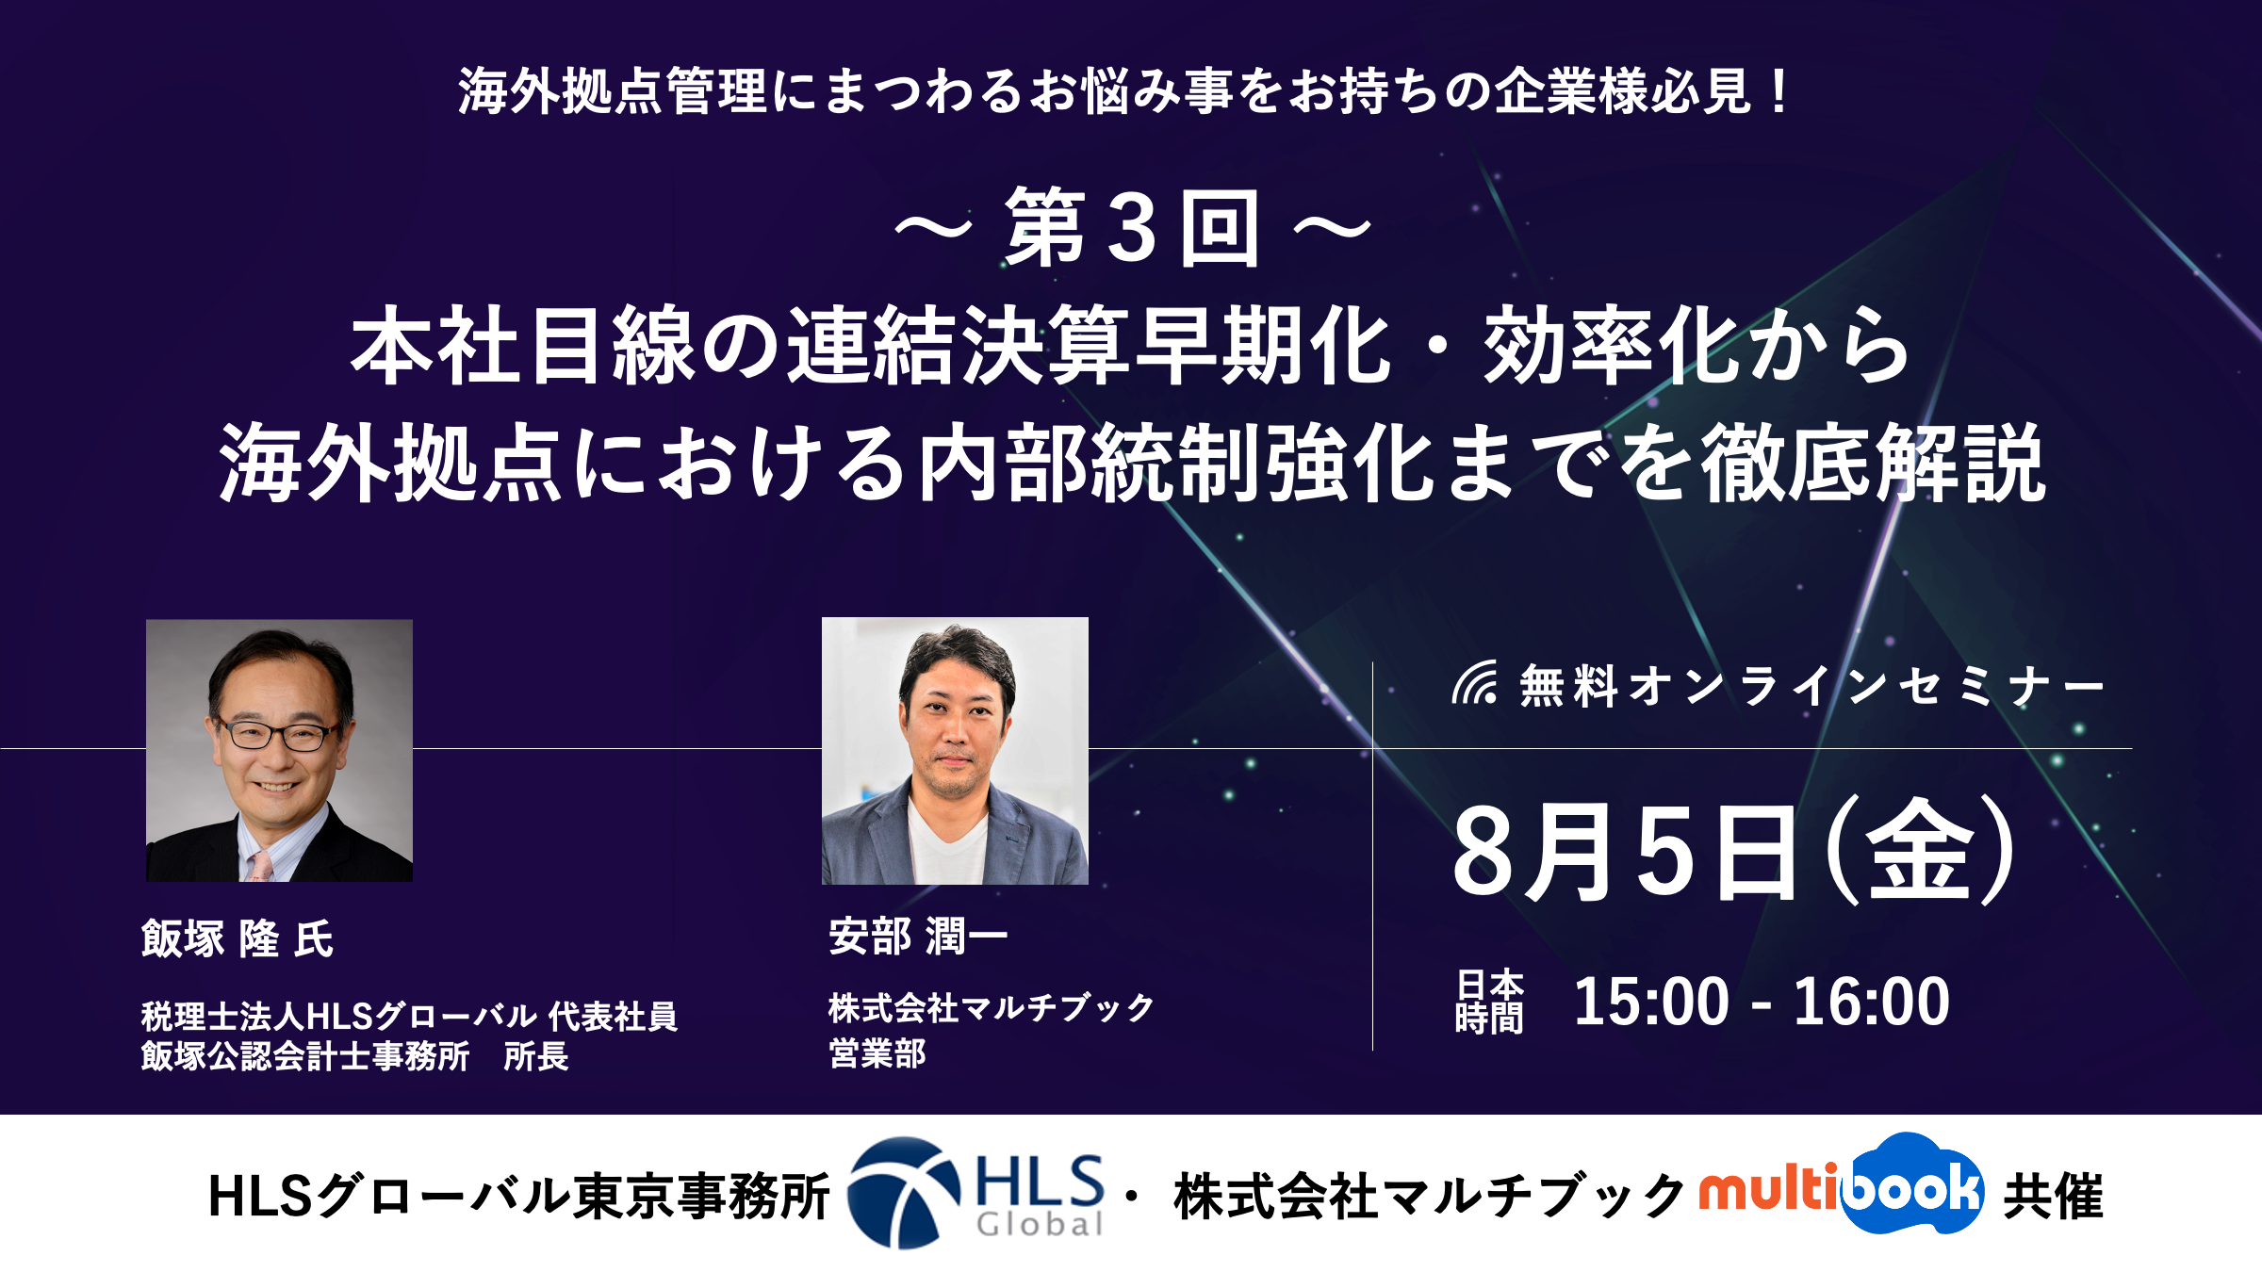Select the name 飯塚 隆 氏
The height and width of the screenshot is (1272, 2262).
tap(238, 938)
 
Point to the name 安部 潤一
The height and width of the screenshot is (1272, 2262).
tap(918, 936)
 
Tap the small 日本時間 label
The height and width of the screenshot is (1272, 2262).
tap(1489, 1001)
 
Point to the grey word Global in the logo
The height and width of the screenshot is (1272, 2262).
tap(1040, 1224)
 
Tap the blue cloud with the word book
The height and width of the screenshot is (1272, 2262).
tap(1911, 1184)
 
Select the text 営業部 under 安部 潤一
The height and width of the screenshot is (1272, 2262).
tap(877, 1052)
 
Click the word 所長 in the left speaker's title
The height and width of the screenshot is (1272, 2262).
tap(536, 1056)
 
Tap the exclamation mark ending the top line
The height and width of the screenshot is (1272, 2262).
tap(1779, 91)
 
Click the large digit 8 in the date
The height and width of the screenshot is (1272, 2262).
tap(1487, 851)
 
